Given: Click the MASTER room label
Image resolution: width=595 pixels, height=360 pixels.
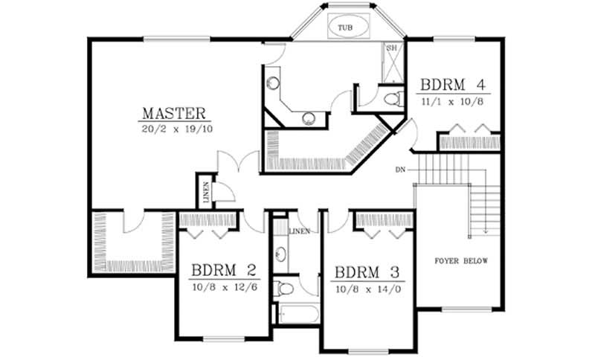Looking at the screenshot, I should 173,114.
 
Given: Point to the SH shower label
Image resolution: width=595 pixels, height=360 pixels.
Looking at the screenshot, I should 392,48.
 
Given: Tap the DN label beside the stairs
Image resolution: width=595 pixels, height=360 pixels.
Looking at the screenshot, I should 401,170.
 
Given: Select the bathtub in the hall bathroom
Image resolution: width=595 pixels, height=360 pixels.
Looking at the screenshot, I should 295,314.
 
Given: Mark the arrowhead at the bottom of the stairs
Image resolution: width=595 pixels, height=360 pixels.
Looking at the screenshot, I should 486,231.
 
